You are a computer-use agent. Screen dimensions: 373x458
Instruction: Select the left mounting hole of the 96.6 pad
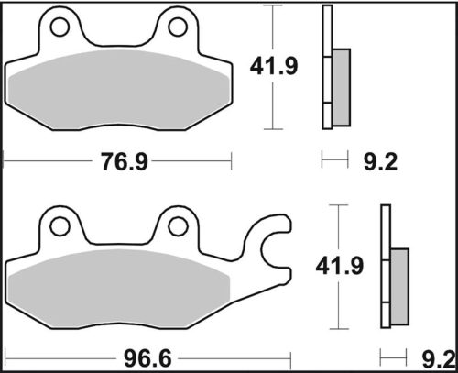click(x=60, y=225)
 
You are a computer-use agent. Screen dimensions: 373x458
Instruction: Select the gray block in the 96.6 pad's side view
click(x=399, y=286)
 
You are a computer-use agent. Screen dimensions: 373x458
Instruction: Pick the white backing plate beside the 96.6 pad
click(x=385, y=266)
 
